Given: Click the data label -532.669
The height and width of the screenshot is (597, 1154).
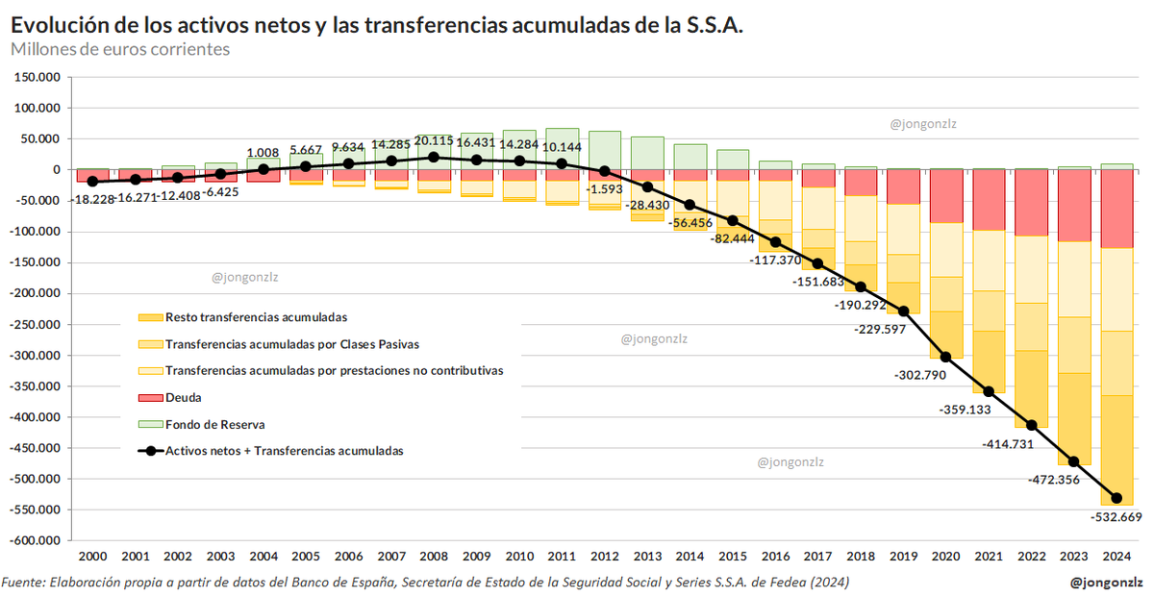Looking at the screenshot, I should (1115, 517).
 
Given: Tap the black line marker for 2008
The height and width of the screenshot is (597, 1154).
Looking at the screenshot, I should (434, 158).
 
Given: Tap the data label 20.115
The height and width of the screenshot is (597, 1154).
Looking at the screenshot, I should (434, 141).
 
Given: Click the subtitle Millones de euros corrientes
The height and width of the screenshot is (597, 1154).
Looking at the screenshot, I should (120, 49).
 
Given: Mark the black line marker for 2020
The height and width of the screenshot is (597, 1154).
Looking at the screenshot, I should (945, 357).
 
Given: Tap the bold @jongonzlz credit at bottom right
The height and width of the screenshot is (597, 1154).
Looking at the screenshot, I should (1106, 582).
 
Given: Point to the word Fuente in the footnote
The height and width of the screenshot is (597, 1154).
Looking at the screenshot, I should (24, 583).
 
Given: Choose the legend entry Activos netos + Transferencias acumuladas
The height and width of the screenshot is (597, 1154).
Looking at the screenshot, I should (284, 450).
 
